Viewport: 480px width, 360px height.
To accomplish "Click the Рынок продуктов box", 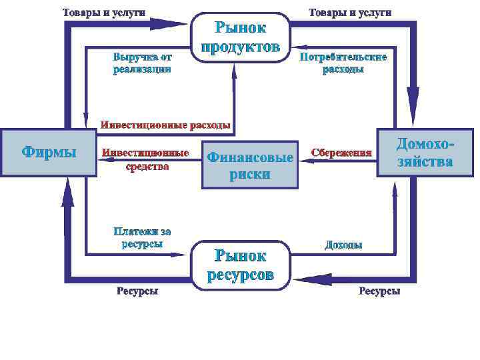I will [x=240, y=37].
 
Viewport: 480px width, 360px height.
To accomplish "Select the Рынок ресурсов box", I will [x=240, y=265].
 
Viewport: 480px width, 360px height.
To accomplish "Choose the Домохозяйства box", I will [x=425, y=152].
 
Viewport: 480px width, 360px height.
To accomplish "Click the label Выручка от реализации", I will [x=142, y=62].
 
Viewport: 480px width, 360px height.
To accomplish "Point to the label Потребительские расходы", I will [x=343, y=62].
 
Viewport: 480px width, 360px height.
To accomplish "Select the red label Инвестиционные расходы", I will [x=165, y=125].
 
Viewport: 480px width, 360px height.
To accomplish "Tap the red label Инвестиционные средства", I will [x=145, y=159].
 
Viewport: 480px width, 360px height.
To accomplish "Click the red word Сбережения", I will [x=341, y=152].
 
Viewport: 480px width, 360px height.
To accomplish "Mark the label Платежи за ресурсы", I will [x=142, y=237].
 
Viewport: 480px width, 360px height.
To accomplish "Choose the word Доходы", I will [x=343, y=245].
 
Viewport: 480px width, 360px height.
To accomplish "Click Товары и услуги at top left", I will [x=104, y=13].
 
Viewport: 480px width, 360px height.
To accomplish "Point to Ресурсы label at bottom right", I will [x=379, y=291].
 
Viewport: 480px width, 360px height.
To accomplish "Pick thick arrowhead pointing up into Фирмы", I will [x=67, y=193].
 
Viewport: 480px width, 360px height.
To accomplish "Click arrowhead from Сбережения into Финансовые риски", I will [x=300, y=160].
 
